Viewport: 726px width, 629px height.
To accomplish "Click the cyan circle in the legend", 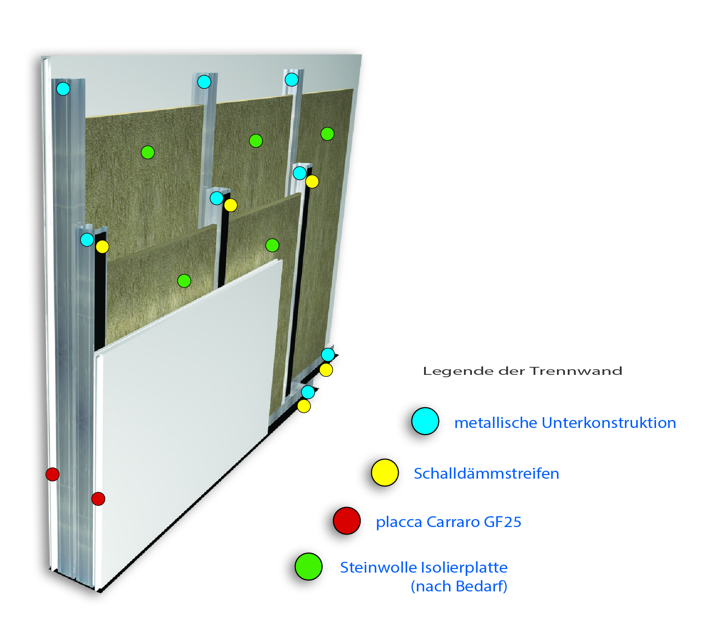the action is tap(425, 421).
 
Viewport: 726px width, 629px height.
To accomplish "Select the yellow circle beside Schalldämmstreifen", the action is tap(385, 473).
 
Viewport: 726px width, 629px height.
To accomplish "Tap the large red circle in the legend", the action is tap(347, 521).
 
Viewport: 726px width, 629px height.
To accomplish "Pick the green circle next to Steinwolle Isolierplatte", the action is tap(309, 567).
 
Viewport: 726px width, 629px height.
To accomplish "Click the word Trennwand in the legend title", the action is tap(576, 371).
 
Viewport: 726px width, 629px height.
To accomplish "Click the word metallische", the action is tap(495, 423).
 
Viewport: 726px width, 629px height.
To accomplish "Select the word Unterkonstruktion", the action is tap(609, 423).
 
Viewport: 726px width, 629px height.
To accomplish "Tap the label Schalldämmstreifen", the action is tap(486, 474).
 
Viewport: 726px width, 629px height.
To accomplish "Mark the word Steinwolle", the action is tap(378, 567).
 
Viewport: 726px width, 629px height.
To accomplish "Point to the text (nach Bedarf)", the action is tap(459, 586).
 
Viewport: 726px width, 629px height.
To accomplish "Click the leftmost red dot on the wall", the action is tap(52, 474).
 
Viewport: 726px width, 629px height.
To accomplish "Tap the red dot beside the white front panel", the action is tap(98, 498).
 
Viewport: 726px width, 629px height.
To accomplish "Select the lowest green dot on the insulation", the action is tap(184, 281).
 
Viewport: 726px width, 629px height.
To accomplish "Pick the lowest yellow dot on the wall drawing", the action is tap(304, 406).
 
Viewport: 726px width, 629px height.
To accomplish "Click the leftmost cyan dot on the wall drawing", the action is tap(63, 89).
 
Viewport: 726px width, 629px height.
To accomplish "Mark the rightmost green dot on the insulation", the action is tap(327, 134).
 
